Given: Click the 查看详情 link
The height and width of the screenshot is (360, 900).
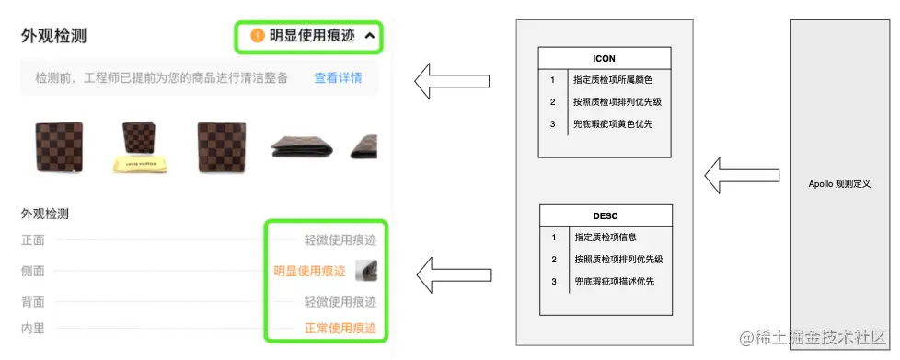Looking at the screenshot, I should point(338,78).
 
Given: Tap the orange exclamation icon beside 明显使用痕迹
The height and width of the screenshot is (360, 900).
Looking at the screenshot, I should point(258,37).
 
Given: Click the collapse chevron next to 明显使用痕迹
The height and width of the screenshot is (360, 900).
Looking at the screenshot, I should point(370,37).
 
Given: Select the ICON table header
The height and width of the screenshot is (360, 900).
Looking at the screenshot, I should point(604,58).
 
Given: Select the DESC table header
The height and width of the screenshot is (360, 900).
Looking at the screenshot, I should point(604,216).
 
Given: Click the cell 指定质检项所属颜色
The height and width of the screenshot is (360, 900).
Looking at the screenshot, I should point(614,80).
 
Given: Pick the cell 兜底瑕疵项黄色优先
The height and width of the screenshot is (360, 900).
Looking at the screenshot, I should point(614,123).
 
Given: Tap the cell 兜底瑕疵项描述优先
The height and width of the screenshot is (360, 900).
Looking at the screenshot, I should point(614,281).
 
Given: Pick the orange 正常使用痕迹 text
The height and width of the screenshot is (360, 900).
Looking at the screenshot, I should point(340,329).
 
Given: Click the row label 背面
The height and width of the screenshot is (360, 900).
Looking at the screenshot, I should point(33,301).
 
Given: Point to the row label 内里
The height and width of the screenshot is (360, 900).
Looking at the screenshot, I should point(33,329).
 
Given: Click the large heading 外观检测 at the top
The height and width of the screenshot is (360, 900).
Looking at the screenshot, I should point(54,37).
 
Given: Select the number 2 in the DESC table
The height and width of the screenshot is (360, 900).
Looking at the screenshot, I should point(554,260).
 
